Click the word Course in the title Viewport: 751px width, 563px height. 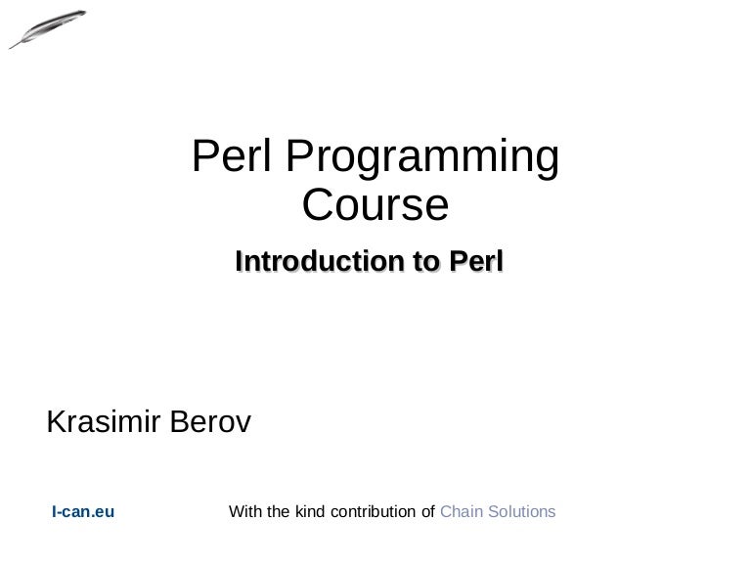pos(375,205)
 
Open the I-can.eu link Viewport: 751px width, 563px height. pos(83,511)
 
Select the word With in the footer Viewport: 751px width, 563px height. pos(244,511)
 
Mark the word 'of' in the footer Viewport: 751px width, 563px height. pos(427,511)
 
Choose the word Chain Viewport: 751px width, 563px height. pos(461,511)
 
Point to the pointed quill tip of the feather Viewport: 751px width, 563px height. pos(11,46)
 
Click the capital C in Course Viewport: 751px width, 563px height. pos(317,205)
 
